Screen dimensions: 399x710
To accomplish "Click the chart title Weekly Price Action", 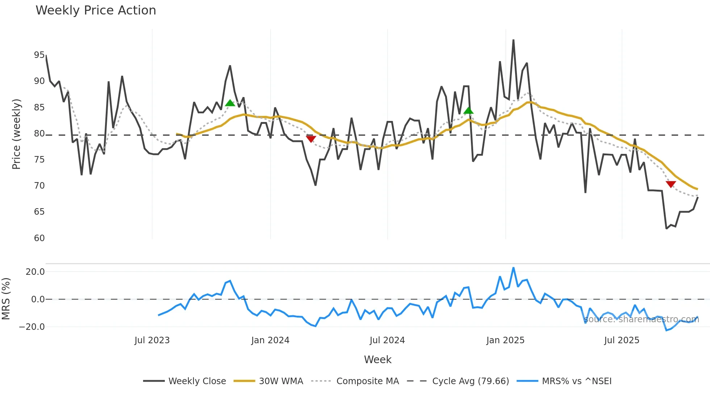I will pyautogui.click(x=96, y=10).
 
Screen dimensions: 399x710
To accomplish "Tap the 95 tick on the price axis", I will pyautogui.click(x=39, y=55).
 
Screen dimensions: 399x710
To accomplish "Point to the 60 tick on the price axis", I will pyautogui.click(x=39, y=238).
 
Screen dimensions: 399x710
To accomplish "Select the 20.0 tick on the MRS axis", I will pyautogui.click(x=35, y=272).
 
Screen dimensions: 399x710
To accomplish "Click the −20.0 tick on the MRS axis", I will pyautogui.click(x=32, y=327).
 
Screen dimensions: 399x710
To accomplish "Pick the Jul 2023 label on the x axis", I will pyautogui.click(x=152, y=340).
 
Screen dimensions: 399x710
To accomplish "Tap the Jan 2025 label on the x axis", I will pyautogui.click(x=505, y=340).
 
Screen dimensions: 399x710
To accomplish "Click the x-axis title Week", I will pyautogui.click(x=377, y=360).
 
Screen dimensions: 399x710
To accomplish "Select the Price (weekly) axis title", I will pyautogui.click(x=16, y=134).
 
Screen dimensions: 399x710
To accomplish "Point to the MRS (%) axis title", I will pyautogui.click(x=6, y=299).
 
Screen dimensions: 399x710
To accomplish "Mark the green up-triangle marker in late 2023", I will pyautogui.click(x=230, y=103).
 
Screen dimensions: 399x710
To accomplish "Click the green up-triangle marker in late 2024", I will pyautogui.click(x=468, y=110).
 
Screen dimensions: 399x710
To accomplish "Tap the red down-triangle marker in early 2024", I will pyautogui.click(x=311, y=139).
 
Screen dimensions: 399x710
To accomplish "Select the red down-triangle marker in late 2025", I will pyautogui.click(x=671, y=184).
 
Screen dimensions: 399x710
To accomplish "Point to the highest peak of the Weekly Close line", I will pyautogui.click(x=513, y=40).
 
